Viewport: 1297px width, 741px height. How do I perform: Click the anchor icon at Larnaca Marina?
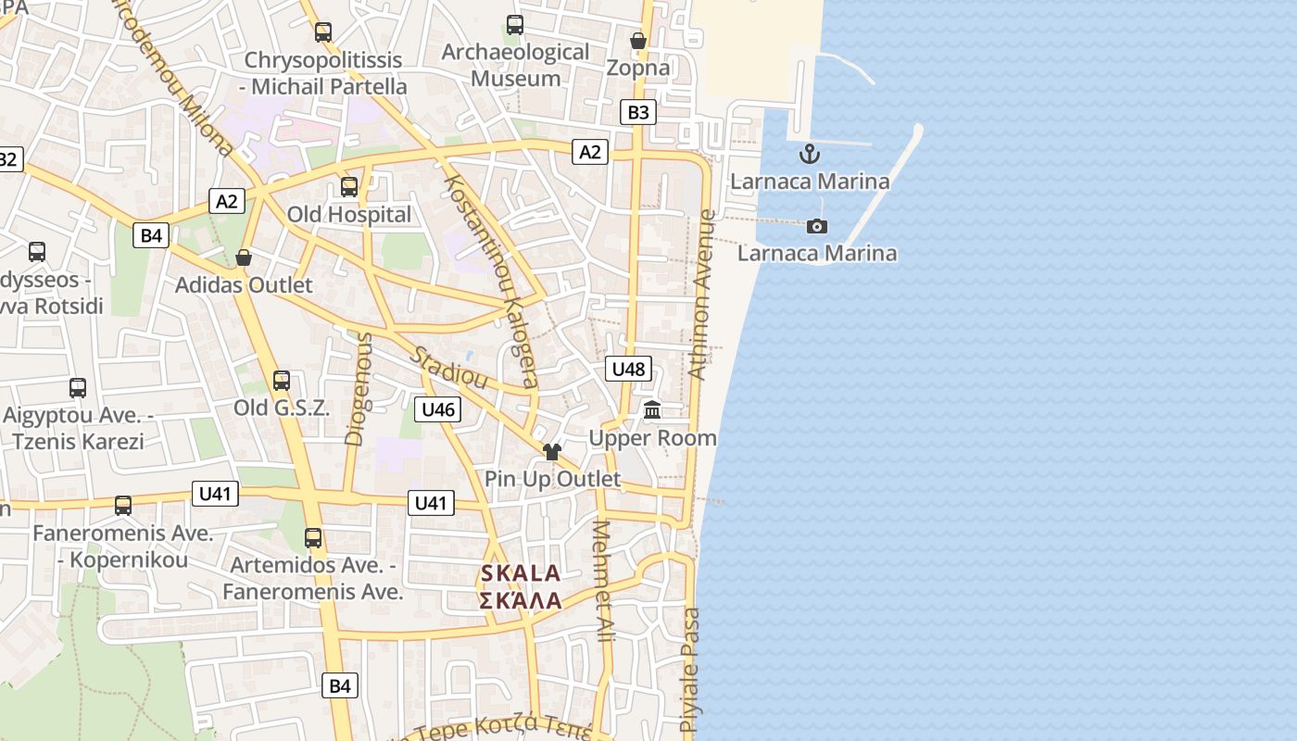pyautogui.click(x=811, y=154)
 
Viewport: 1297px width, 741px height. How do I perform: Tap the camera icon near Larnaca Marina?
pyautogui.click(x=817, y=226)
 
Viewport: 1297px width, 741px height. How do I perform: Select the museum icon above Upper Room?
pyautogui.click(x=652, y=410)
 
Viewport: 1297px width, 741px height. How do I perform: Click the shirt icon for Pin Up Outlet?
pyautogui.click(x=552, y=452)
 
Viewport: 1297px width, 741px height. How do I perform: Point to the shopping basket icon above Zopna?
pyautogui.click(x=638, y=41)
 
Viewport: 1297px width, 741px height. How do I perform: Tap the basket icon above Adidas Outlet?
pyautogui.click(x=244, y=257)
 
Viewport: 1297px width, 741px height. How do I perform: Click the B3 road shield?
pyautogui.click(x=638, y=113)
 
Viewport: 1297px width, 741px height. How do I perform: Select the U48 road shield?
pyautogui.click(x=628, y=369)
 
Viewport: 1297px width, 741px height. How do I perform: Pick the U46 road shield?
pyautogui.click(x=437, y=409)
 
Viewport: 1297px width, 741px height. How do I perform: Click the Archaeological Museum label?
pyautogui.click(x=515, y=65)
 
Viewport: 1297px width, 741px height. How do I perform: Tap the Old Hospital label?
pyautogui.click(x=348, y=215)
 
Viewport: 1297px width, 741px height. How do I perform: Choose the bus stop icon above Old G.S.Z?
pyautogui.click(x=281, y=380)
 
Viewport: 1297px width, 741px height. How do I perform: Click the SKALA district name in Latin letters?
pyautogui.click(x=521, y=573)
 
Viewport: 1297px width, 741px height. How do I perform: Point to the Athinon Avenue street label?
pyautogui.click(x=702, y=295)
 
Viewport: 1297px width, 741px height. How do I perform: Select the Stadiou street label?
pyautogui.click(x=449, y=367)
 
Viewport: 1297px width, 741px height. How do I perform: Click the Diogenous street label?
pyautogui.click(x=358, y=389)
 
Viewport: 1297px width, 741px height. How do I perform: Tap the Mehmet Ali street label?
pyautogui.click(x=603, y=582)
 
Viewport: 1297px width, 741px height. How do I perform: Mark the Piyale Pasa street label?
pyautogui.click(x=690, y=671)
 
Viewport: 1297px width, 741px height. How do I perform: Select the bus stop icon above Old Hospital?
pyautogui.click(x=349, y=186)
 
